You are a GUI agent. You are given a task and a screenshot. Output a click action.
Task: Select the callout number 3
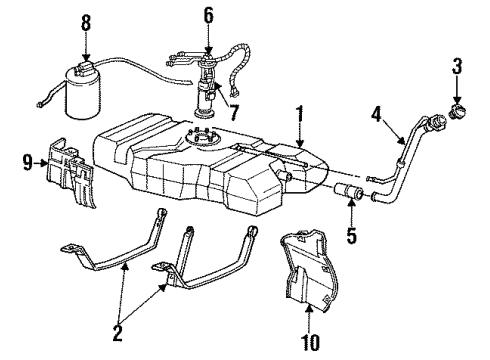pyautogui.click(x=458, y=68)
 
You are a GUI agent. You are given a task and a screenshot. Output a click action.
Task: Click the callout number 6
pyautogui.click(x=208, y=15)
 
